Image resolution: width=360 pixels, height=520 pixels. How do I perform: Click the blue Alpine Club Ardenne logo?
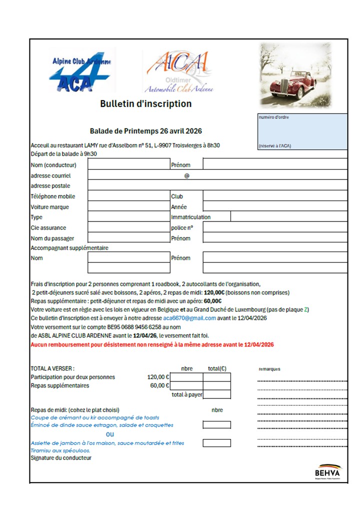tap(81, 71)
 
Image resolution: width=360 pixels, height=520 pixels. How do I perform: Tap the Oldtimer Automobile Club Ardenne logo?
tap(178, 73)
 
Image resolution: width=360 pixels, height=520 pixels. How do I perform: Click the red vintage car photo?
tap(295, 75)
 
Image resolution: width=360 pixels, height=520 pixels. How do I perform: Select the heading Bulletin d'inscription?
tap(145, 104)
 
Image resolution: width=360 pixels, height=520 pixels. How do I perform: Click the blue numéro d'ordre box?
tap(301, 131)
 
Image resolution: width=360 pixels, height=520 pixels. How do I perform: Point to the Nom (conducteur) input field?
tap(128, 164)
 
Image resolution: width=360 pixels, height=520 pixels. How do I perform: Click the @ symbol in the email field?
tap(187, 175)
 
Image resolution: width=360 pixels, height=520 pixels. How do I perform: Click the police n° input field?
tap(274, 227)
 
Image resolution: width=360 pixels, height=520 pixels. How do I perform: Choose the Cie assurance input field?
tap(128, 227)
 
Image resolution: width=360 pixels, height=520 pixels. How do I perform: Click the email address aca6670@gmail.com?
tap(189, 318)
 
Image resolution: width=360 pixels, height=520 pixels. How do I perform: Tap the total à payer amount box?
tap(216, 394)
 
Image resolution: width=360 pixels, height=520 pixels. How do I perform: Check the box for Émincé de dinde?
tap(216, 425)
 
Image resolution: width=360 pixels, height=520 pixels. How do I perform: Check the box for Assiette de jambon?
tap(216, 443)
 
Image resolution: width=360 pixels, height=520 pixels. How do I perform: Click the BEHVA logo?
tap(327, 471)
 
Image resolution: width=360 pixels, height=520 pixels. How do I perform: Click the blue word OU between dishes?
tap(110, 434)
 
